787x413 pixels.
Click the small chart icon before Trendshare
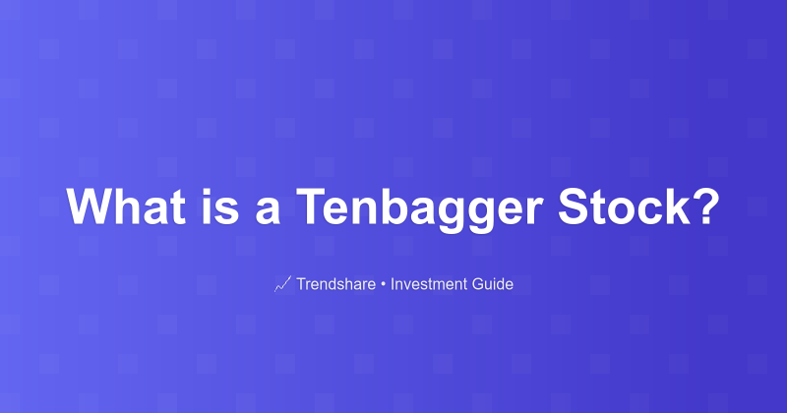(281, 285)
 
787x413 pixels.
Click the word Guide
(493, 285)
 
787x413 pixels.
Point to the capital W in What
(89, 207)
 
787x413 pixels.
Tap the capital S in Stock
(575, 207)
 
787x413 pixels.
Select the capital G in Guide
(478, 285)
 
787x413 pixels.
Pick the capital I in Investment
(393, 285)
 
